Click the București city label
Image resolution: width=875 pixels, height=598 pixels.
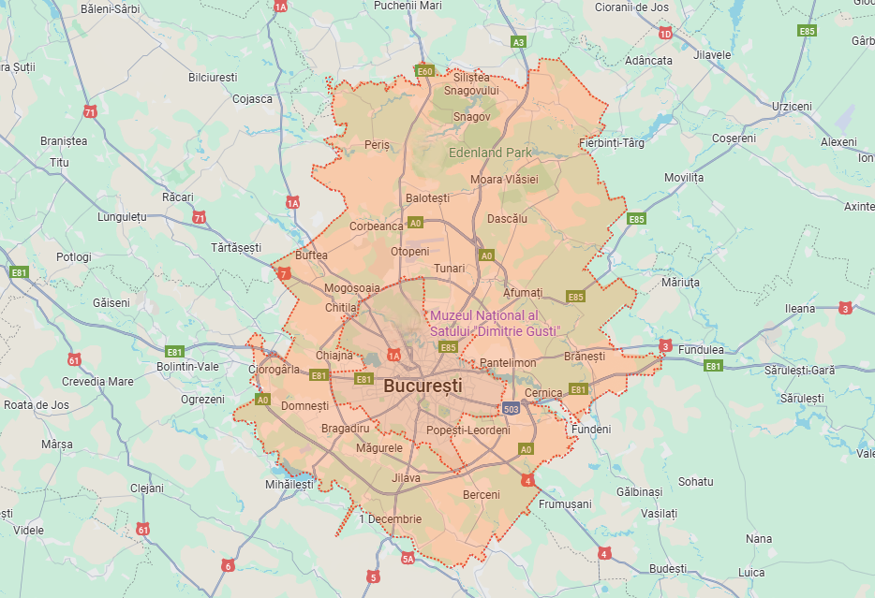423,385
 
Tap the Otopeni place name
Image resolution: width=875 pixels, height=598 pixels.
409,252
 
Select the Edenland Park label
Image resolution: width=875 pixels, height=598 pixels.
490,153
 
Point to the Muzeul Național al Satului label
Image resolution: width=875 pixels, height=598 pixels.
494,323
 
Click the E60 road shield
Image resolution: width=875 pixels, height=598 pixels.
424,71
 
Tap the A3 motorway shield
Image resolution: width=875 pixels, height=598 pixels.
519,42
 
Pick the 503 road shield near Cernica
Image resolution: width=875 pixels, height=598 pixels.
511,408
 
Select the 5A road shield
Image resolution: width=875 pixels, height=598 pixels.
408,559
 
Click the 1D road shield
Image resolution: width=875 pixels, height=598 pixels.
665,34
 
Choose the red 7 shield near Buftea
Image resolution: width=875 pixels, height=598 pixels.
284,274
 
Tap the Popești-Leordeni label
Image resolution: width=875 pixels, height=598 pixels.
467,430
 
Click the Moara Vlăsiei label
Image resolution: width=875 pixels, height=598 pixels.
504,179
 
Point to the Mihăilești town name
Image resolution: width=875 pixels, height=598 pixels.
289,485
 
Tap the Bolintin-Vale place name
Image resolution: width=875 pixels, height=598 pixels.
188,367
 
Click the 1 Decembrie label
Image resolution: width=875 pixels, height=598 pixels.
390,519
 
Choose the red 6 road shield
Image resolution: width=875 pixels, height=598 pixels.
227,565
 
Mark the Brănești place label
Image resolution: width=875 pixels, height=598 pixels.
585,357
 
